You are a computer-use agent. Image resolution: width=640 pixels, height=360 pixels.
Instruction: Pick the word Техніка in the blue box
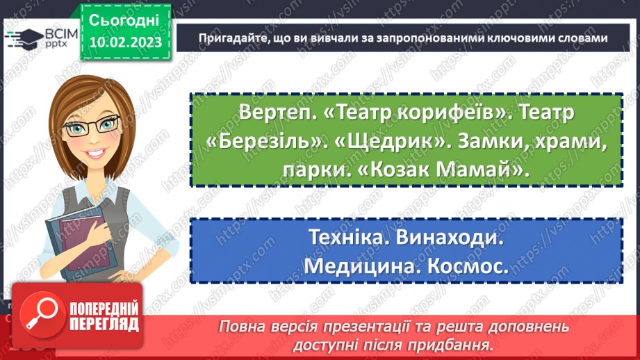[342, 238]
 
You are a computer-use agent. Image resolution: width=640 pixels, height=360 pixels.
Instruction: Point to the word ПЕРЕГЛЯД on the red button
[104, 324]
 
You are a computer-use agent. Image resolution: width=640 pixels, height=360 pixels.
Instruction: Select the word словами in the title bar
[586, 38]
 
